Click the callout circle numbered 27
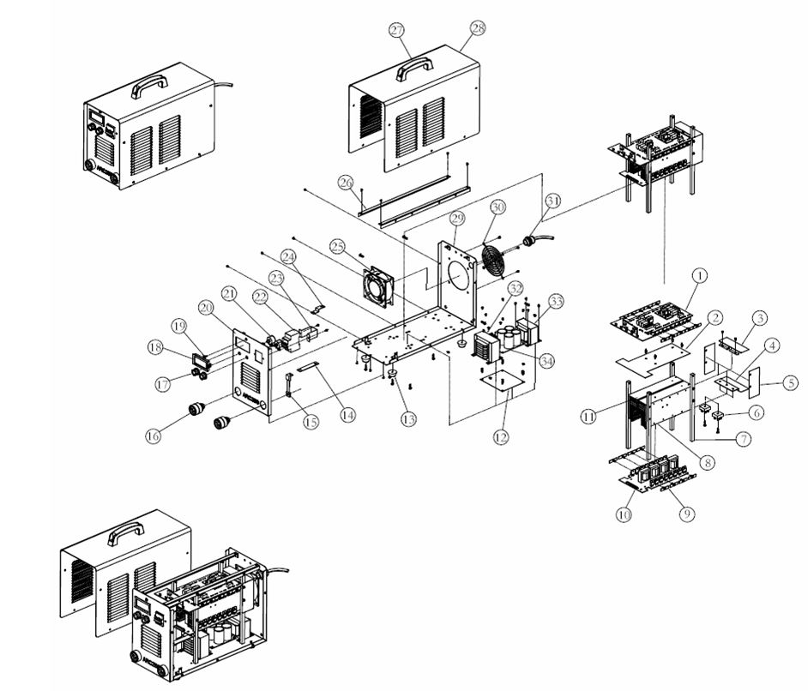point(396,30)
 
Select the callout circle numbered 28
point(478,28)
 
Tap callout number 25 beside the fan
point(337,247)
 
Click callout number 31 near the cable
point(553,201)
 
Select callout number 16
point(154,436)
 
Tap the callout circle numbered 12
point(501,436)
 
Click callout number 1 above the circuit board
point(700,275)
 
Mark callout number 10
point(624,514)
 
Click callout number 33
point(557,301)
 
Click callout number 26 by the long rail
point(346,182)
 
